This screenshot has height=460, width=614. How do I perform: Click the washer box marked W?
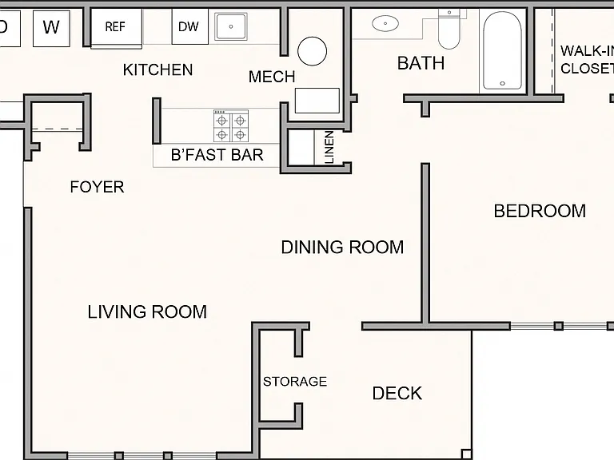click(51, 28)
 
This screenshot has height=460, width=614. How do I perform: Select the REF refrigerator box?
click(116, 27)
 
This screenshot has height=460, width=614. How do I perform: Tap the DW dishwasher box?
click(190, 26)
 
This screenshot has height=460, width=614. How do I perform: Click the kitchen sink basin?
click(230, 26)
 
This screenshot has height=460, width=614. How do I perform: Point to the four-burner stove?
click(231, 126)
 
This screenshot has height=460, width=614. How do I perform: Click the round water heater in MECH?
click(312, 51)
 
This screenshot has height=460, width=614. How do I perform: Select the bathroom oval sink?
click(385, 23)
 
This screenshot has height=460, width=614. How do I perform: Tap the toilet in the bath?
click(449, 29)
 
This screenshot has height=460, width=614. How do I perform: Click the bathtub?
click(502, 51)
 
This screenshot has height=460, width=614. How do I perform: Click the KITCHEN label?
click(157, 70)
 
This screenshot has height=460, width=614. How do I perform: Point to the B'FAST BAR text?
click(217, 155)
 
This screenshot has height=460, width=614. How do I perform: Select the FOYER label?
click(97, 187)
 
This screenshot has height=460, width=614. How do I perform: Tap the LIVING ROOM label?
click(147, 311)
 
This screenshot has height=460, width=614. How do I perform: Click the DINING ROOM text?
click(342, 248)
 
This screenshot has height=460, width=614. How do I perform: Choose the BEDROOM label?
click(540, 211)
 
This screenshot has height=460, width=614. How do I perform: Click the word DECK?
click(397, 394)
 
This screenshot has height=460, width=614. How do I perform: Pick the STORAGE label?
click(295, 382)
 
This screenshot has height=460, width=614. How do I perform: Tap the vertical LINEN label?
click(329, 147)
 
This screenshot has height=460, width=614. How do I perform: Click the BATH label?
click(421, 63)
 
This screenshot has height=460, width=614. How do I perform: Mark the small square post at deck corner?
click(466, 454)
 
